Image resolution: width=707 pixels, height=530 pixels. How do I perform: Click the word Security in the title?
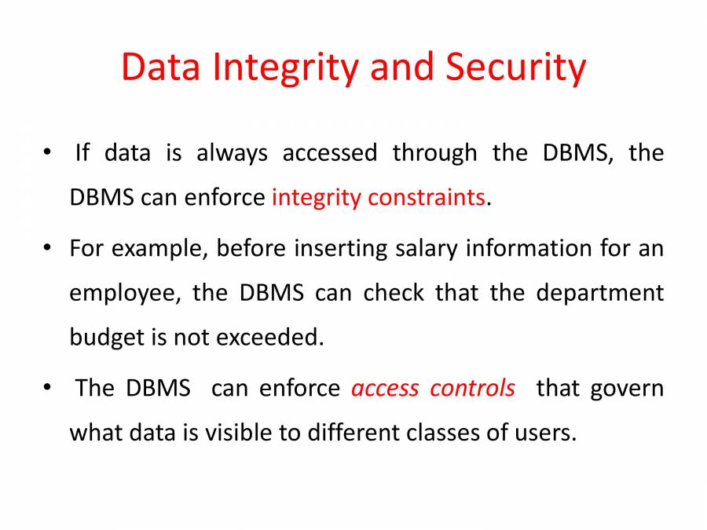515,68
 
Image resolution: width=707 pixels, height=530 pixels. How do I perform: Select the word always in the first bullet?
232,152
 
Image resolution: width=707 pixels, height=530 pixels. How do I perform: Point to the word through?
434,152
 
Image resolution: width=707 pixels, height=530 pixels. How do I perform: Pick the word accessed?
330,152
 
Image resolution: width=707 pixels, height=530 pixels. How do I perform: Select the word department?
600,294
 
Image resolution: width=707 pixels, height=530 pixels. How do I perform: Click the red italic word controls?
473,388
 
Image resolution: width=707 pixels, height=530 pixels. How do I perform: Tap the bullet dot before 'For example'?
49,249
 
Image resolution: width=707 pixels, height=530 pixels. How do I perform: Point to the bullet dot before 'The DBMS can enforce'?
49,388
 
